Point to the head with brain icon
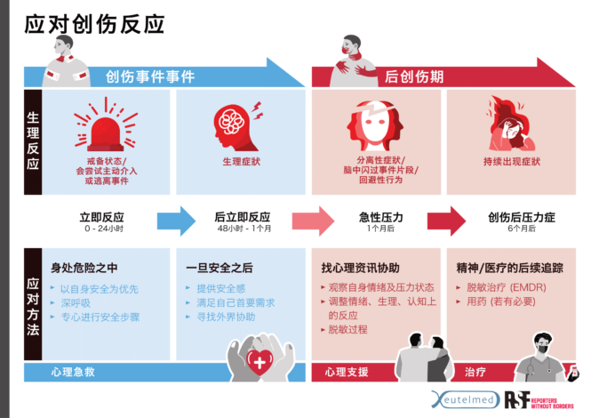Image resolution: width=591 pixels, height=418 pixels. coord(232,126)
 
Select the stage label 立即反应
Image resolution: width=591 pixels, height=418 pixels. coord(101,217)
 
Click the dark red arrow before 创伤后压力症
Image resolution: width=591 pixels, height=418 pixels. coord(445,221)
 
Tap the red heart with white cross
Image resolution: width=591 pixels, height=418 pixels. coord(260,360)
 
